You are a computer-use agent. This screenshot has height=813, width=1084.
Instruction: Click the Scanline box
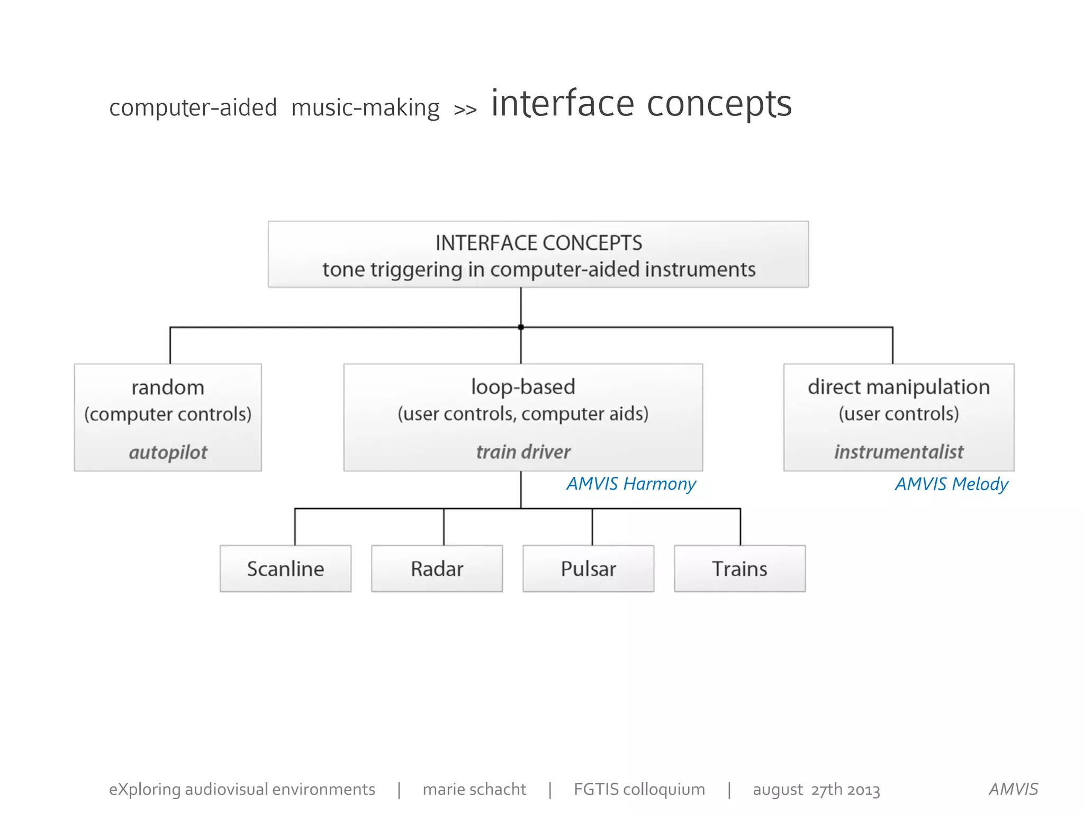coord(285,568)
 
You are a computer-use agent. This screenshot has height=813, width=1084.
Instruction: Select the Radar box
coord(437,568)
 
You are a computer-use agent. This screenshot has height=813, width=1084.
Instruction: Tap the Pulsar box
coord(588,568)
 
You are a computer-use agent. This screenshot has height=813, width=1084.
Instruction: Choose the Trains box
coord(739,568)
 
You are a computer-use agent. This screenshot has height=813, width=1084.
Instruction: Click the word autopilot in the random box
coord(168,453)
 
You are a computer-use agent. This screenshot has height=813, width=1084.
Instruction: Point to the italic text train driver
coord(523,452)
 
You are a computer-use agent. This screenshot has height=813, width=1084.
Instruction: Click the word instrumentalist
coord(899,452)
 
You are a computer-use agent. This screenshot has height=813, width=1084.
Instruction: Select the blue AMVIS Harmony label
coord(631,484)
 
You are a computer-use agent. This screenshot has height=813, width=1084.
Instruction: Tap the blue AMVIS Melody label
coord(951,484)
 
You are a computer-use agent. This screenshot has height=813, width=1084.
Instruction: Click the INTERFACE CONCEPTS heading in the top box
coord(538,243)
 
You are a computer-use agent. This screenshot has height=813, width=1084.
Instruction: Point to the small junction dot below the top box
coord(521,327)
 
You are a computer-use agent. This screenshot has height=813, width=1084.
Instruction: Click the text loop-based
coord(523,387)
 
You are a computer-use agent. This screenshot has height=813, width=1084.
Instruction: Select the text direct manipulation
coord(899,387)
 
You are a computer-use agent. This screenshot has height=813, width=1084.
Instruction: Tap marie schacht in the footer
coord(474,789)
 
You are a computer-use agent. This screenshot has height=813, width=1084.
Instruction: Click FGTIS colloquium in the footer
coord(639,789)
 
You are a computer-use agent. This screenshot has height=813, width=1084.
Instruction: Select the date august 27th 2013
coord(816,790)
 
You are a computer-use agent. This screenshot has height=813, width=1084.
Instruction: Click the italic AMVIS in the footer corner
coord(1013,789)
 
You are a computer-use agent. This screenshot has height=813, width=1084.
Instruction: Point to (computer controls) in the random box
coord(168,414)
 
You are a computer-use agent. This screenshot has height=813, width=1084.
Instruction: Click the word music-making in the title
coord(365,108)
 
